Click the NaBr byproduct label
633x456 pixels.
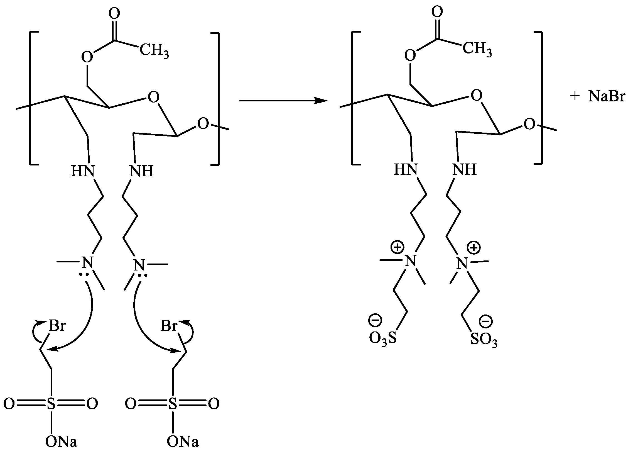[607, 96]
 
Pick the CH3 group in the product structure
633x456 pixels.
[477, 49]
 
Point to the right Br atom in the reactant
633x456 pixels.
[169, 326]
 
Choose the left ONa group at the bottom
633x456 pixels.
[61, 442]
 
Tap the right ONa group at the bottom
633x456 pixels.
[183, 442]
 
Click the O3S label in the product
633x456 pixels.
[383, 339]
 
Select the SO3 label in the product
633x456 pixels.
[484, 340]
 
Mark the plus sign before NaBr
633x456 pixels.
[575, 97]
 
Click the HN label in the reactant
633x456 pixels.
[83, 171]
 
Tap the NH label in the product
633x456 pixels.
[464, 169]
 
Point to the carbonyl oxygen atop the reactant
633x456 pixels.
[114, 13]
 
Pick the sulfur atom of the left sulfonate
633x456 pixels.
[51, 404]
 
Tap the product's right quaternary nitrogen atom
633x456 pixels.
[462, 264]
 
